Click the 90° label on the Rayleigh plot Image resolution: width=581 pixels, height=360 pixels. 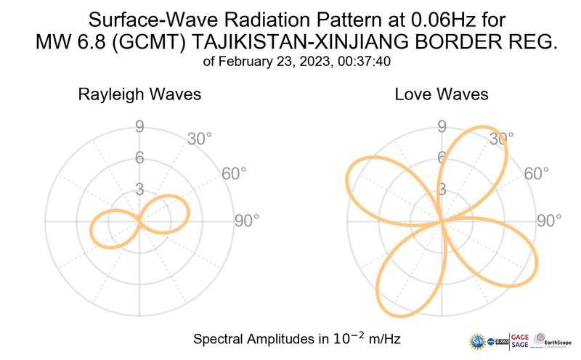tap(246, 221)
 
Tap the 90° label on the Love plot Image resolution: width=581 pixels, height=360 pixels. tap(549, 221)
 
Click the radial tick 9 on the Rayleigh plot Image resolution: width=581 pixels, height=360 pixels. tap(139, 128)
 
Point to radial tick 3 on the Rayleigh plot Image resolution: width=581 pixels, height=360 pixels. tap(139, 189)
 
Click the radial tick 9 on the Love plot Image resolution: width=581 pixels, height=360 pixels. tap(441, 128)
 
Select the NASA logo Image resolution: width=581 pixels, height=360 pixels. tap(493, 340)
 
